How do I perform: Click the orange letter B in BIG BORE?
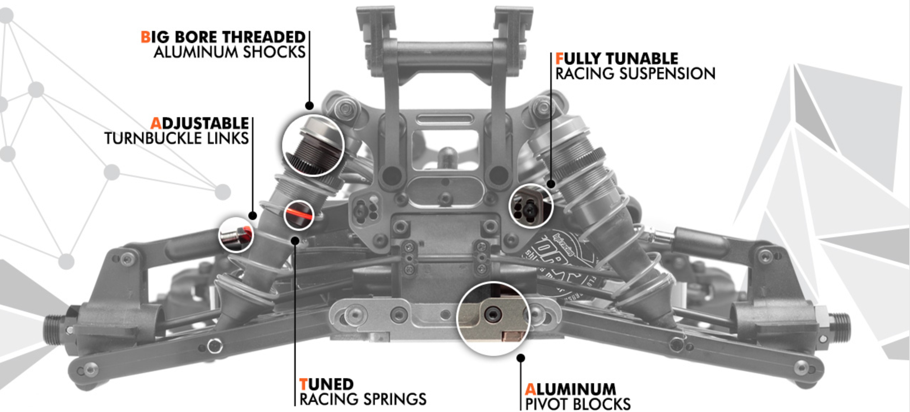point(145,37)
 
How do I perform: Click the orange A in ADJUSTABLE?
point(156,123)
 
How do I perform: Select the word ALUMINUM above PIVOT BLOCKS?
point(570,389)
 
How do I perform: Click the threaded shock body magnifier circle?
point(313,145)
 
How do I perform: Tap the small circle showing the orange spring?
point(299,215)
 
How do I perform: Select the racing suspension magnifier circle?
point(531,206)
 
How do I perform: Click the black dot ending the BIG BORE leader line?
point(309,106)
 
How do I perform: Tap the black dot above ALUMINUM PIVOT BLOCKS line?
point(520,358)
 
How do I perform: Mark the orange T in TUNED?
point(304,384)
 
